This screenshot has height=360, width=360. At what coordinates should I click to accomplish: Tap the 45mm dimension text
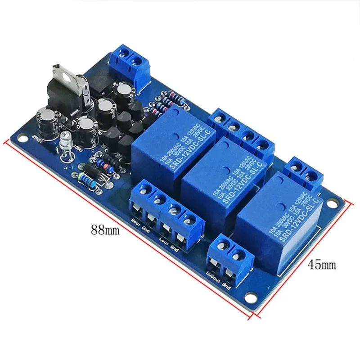[321, 265]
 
